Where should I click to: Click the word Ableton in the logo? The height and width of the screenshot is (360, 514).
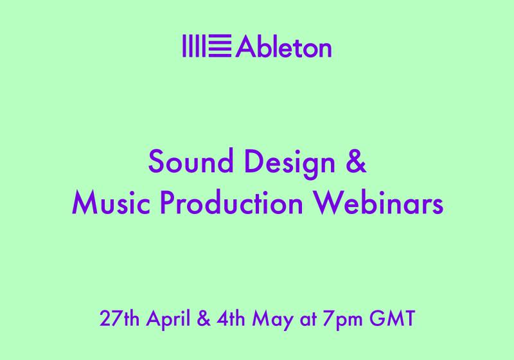click(284, 47)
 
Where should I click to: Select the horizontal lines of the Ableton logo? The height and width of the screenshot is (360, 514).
click(222, 47)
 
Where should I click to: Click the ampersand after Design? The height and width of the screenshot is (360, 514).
click(357, 161)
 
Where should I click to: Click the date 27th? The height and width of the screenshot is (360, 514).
click(116, 318)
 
